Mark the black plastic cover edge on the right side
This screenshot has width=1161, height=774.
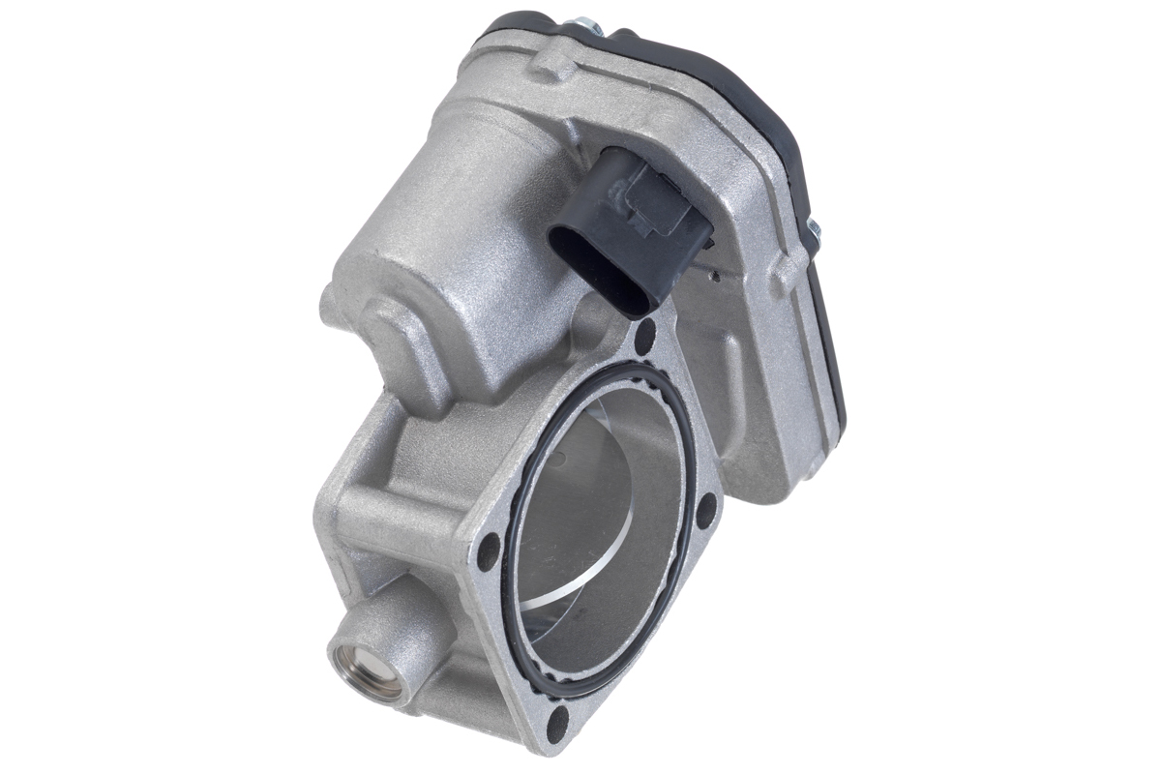832,339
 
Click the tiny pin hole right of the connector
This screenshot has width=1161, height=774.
713,277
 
